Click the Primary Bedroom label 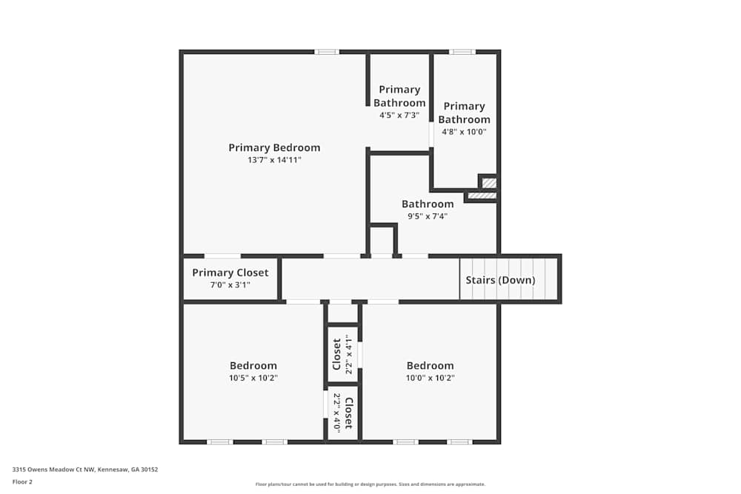[274, 147]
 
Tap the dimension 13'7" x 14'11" [274, 160]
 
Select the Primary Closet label [230, 273]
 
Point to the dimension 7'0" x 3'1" [230, 284]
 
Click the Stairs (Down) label [500, 280]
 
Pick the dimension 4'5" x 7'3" [399, 116]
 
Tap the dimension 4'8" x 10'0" [464, 132]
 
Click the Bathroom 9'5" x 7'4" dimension [428, 216]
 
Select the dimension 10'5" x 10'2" [253, 378]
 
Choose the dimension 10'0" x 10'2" [430, 378]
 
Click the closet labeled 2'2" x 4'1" [343, 353]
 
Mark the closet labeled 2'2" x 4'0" [342, 413]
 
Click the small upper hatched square [489, 182]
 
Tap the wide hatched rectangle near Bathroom [482, 196]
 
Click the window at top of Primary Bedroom [326, 52]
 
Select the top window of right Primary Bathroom [462, 52]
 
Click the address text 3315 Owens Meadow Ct [85, 470]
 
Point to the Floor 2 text [22, 481]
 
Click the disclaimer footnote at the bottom [370, 484]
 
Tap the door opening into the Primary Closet [222, 256]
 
